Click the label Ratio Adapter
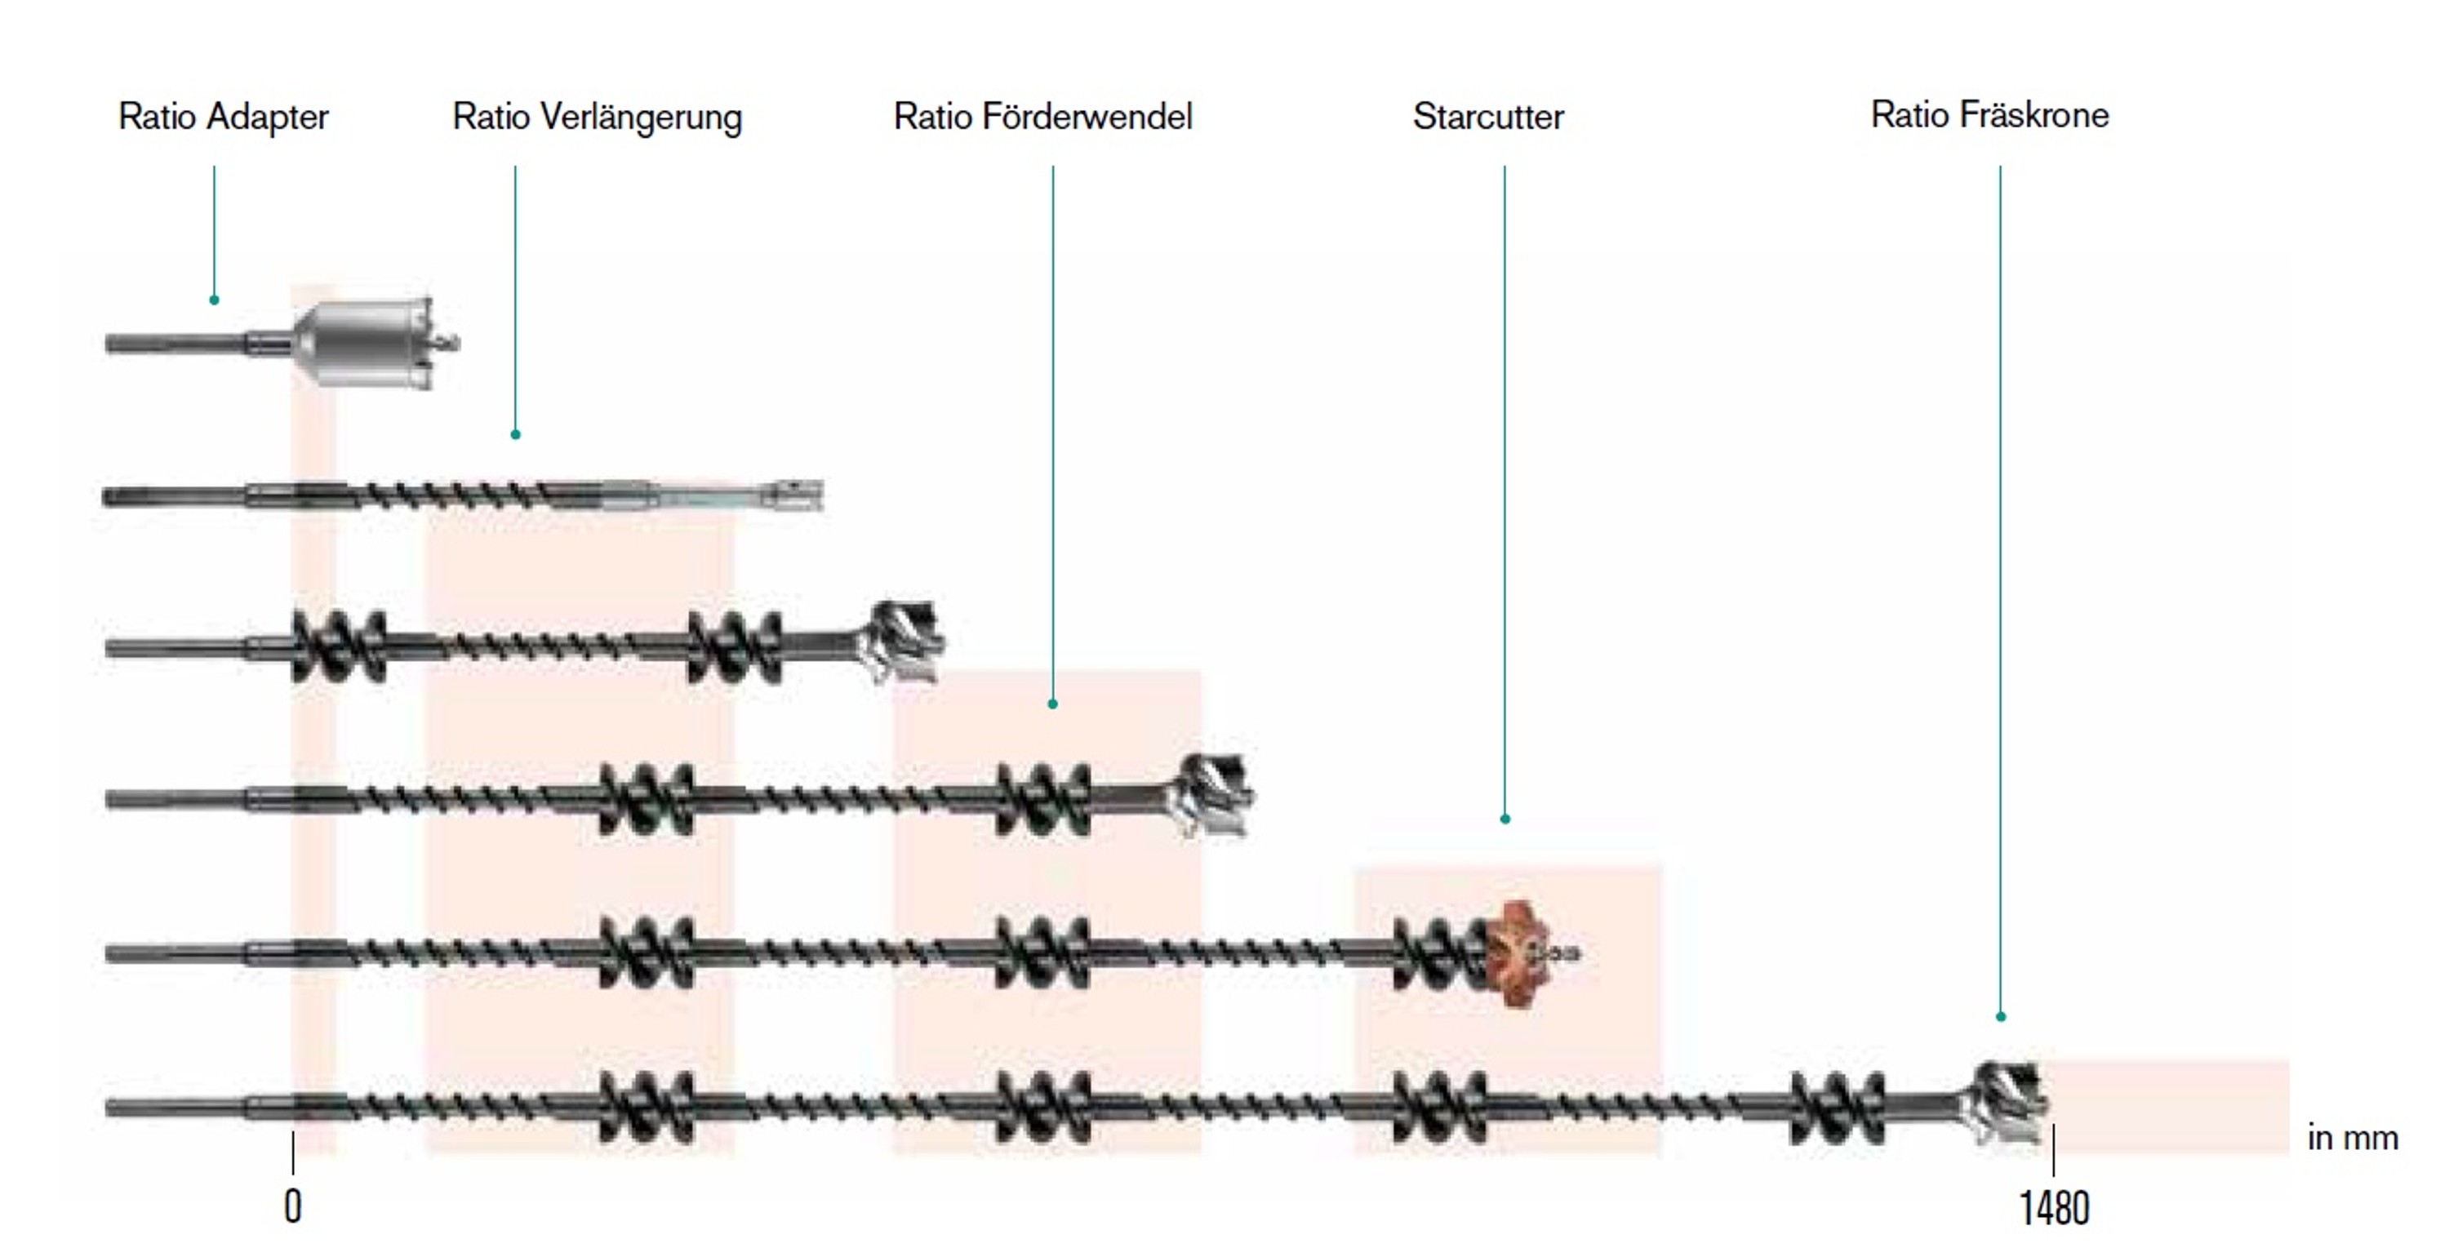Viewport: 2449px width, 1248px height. [224, 117]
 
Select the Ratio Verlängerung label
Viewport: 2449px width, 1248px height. [597, 118]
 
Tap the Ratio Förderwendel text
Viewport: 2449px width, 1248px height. [1043, 117]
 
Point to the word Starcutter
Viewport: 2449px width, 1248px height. [1488, 117]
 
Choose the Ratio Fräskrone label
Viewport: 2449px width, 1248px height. [1990, 115]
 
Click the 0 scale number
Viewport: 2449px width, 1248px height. [293, 1207]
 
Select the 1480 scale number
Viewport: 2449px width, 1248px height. [2054, 1208]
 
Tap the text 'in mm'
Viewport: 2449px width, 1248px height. [2353, 1138]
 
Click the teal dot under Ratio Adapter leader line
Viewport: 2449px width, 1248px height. [214, 300]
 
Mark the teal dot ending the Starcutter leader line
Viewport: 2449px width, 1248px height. [1505, 819]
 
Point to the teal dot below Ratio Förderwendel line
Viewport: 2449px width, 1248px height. [1052, 704]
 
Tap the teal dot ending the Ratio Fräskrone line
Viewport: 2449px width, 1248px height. [2000, 1017]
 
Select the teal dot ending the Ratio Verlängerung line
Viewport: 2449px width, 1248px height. [515, 434]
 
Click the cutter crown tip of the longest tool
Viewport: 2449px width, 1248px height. [2009, 1104]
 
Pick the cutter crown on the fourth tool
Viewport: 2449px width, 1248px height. [1211, 795]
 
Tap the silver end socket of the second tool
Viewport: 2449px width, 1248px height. [793, 495]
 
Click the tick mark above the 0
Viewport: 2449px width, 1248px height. [293, 1153]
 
